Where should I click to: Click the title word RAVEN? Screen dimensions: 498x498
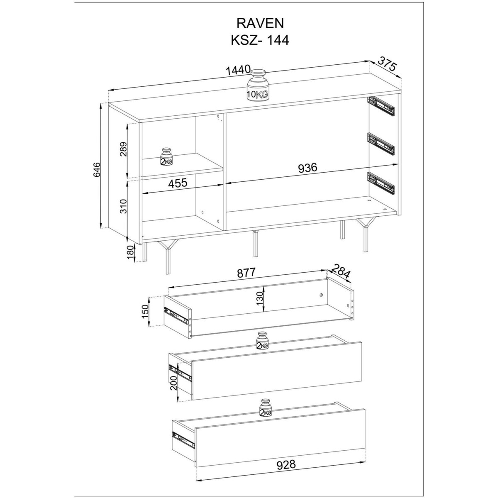[260, 24]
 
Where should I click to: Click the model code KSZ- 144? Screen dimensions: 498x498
[260, 40]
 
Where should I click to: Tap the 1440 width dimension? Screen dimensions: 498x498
[238, 70]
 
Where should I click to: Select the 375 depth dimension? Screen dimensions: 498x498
[387, 63]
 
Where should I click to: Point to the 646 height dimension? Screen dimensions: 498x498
[96, 170]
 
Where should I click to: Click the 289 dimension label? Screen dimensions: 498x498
[124, 149]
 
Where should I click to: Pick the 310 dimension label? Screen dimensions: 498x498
[124, 206]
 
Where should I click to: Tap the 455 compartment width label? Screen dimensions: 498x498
[178, 183]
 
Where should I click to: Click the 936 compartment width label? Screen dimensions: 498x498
[308, 168]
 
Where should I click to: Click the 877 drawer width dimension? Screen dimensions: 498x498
[246, 272]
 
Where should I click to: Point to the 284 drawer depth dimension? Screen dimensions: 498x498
[341, 271]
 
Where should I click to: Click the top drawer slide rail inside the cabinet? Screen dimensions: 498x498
[381, 106]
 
